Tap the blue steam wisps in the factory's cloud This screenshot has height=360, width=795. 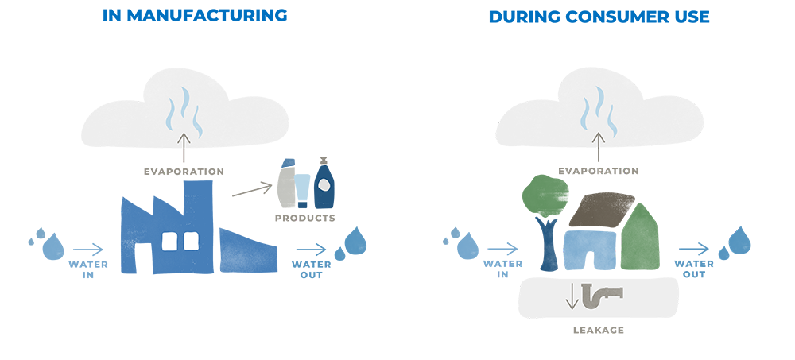[x=184, y=111]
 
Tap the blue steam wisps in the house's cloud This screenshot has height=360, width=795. [x=599, y=111]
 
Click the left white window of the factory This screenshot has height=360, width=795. [x=169, y=241]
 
